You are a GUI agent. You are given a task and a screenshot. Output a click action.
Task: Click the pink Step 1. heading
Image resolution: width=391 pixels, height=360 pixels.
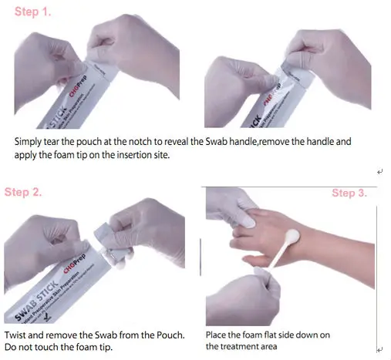pos(33,12)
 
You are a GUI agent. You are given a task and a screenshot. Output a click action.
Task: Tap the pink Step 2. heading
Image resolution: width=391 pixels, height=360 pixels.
pos(23,192)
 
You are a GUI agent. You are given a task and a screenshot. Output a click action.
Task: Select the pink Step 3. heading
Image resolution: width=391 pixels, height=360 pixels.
pos(349,193)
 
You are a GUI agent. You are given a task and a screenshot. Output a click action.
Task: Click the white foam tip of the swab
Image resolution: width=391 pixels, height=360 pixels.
pos(292,237)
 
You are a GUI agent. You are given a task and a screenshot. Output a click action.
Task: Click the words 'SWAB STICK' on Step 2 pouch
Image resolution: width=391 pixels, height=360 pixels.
pos(37,301)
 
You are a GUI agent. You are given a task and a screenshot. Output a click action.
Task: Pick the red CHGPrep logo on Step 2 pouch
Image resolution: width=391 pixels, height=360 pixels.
pos(75,264)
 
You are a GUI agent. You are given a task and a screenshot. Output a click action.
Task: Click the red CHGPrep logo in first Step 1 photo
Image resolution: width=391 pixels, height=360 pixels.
pos(78,86)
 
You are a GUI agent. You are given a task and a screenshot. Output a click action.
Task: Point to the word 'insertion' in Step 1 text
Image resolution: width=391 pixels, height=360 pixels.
pos(134,155)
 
